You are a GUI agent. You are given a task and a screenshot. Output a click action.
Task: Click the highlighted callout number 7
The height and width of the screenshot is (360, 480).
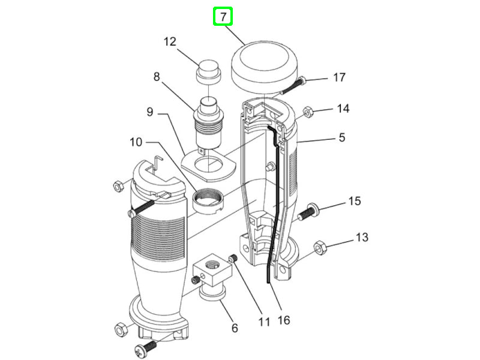click(223, 17)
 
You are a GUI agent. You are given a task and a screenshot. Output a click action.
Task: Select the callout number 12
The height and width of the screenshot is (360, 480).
click(170, 41)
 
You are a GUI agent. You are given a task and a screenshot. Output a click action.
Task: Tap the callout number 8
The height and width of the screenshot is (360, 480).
click(157, 77)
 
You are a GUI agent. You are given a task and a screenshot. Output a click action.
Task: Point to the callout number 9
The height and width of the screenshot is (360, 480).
click(150, 112)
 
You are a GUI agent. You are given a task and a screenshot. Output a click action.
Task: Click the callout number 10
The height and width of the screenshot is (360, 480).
click(136, 142)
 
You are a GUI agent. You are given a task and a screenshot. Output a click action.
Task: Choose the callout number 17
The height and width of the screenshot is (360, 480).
click(339, 77)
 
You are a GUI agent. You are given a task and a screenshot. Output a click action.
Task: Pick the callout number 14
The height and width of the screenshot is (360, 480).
click(343, 109)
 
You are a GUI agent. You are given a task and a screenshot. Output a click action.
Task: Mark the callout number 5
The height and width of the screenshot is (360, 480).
click(341, 137)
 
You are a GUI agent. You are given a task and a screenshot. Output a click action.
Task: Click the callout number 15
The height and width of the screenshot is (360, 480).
click(355, 200)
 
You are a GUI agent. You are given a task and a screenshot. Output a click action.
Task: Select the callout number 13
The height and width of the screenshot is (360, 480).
click(361, 238)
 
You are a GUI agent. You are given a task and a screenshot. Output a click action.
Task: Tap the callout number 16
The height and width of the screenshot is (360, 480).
click(284, 320)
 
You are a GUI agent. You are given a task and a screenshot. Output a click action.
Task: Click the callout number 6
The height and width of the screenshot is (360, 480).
click(235, 328)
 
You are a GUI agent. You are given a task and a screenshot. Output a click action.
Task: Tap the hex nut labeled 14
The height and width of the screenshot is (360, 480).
click(307, 111)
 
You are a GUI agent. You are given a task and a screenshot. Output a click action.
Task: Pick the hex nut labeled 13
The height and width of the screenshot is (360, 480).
click(320, 247)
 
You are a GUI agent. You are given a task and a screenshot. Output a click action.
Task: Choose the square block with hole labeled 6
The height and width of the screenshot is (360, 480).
click(212, 268)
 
